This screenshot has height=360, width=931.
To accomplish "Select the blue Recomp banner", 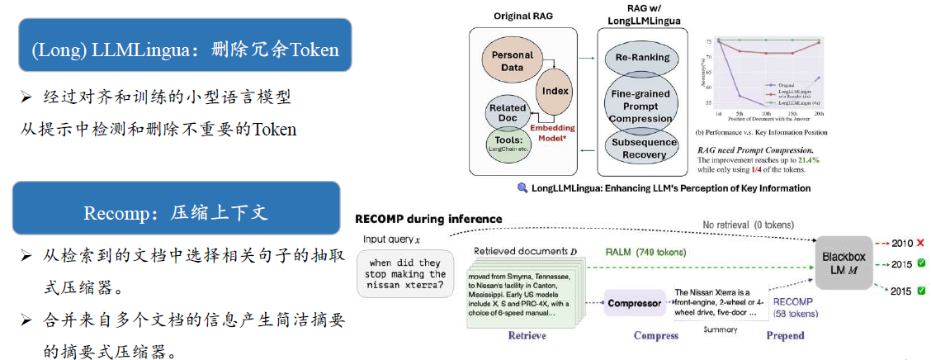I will (x=176, y=212).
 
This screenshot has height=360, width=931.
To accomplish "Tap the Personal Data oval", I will (x=513, y=61).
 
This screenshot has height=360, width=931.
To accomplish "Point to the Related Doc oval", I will (x=508, y=114).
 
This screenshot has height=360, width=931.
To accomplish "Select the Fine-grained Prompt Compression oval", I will (x=640, y=106).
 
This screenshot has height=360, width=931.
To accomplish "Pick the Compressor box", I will (x=635, y=303).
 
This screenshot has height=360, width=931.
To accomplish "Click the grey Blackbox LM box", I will (x=843, y=263).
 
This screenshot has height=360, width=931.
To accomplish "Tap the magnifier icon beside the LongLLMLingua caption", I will (x=522, y=187).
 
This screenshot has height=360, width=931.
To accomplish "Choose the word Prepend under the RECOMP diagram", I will (x=785, y=335).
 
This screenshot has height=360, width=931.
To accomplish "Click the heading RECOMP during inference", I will (x=428, y=219).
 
